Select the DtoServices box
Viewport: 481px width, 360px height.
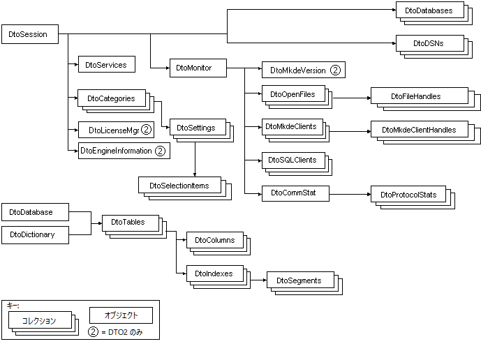[106, 65]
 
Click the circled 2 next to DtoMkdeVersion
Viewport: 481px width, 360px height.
[335, 70]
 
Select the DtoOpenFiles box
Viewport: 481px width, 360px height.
[293, 94]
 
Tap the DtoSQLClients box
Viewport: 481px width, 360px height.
[293, 160]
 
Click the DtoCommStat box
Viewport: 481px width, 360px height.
[294, 193]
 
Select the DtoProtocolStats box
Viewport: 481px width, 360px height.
[408, 194]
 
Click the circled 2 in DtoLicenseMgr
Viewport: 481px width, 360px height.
[146, 130]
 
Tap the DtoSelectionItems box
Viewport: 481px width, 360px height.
[179, 185]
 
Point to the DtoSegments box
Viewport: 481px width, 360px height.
[299, 280]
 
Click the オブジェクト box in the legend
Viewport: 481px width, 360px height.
[120, 315]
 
